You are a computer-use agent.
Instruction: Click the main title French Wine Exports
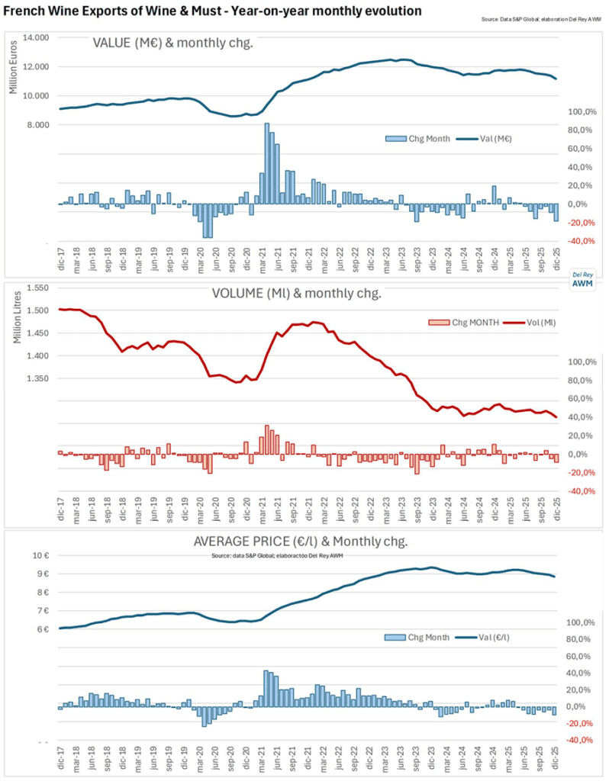pyautogui.click(x=213, y=11)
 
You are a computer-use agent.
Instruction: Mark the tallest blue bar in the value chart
pyautogui.click(x=266, y=163)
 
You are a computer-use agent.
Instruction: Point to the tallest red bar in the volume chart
pyautogui.click(x=266, y=440)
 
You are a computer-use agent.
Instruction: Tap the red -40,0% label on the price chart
pyautogui.click(x=577, y=740)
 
